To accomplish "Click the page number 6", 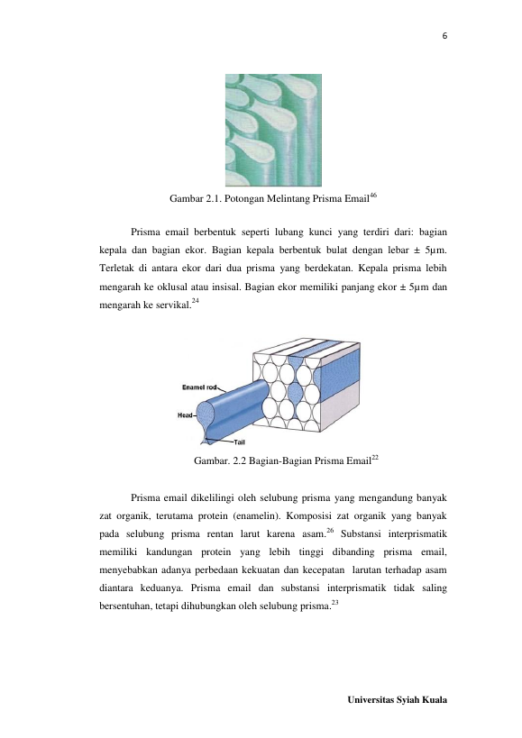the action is point(444,36).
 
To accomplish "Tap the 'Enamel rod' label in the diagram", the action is point(199,387).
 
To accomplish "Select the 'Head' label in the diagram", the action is point(185,415).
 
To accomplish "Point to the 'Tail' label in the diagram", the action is point(239,442).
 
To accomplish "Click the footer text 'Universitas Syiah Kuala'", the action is point(398,699).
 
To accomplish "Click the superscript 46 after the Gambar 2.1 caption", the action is point(372,195).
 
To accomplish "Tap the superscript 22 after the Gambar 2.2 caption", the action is point(375,457).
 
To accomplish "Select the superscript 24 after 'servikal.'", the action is point(196,301).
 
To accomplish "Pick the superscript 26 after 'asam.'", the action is point(330,531).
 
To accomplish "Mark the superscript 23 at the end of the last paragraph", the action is point(335,603).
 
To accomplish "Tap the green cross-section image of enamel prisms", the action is point(273,131).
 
